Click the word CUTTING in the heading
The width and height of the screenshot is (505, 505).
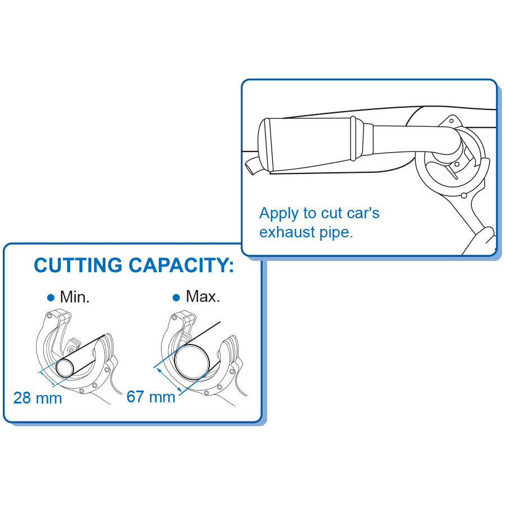[78, 265]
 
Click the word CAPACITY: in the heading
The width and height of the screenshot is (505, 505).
[181, 265]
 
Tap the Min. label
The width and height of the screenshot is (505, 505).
[75, 297]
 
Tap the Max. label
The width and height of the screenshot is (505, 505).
[203, 296]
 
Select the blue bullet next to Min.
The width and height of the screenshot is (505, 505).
[50, 297]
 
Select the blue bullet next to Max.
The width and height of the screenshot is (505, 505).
[176, 297]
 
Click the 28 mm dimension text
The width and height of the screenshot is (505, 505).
[38, 398]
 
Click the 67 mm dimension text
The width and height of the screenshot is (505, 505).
[151, 397]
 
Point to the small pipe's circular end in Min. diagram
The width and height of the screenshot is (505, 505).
[65, 368]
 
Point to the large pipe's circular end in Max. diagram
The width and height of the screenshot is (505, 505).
[192, 362]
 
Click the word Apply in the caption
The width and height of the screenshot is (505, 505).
[279, 214]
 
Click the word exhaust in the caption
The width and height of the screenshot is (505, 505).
[287, 232]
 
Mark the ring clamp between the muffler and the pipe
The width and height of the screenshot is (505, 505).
[353, 139]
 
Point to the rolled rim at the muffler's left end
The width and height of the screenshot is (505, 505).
[265, 145]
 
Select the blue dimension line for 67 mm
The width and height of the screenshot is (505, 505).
[169, 382]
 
